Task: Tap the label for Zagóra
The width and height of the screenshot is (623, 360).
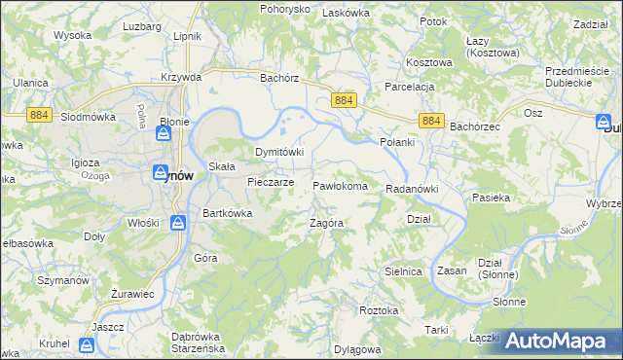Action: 326,223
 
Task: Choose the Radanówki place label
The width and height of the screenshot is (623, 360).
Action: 414,189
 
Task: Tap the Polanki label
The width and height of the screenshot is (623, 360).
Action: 396,142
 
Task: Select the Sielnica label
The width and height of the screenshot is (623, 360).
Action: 405,272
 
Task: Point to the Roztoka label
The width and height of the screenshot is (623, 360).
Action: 379,310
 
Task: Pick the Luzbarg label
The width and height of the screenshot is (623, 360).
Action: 142,26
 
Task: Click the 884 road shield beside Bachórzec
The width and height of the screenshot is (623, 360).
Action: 433,120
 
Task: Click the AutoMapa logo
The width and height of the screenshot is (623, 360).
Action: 560,341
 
